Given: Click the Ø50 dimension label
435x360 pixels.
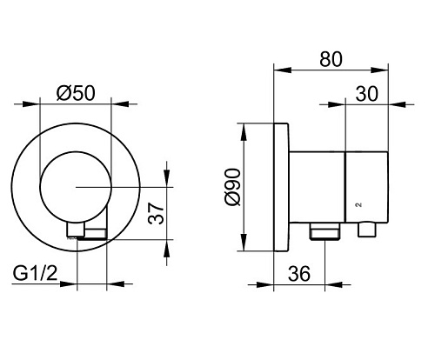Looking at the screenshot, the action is pyautogui.click(x=76, y=94).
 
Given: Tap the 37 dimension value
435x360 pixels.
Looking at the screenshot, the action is pyautogui.click(x=156, y=214).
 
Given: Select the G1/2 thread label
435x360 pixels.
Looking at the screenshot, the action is pyautogui.click(x=35, y=273).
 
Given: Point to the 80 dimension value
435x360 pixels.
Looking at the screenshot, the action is pyautogui.click(x=331, y=59).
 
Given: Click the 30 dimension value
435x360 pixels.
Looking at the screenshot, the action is pyautogui.click(x=367, y=94).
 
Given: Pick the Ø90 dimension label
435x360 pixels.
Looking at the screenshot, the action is pyautogui.click(x=233, y=187).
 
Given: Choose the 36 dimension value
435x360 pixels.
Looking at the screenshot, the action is pyautogui.click(x=299, y=274).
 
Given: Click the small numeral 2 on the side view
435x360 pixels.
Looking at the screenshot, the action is pyautogui.click(x=359, y=204).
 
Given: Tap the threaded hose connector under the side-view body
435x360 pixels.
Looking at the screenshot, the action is pyautogui.click(x=325, y=231).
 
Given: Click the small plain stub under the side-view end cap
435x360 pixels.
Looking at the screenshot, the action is pyautogui.click(x=367, y=229).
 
